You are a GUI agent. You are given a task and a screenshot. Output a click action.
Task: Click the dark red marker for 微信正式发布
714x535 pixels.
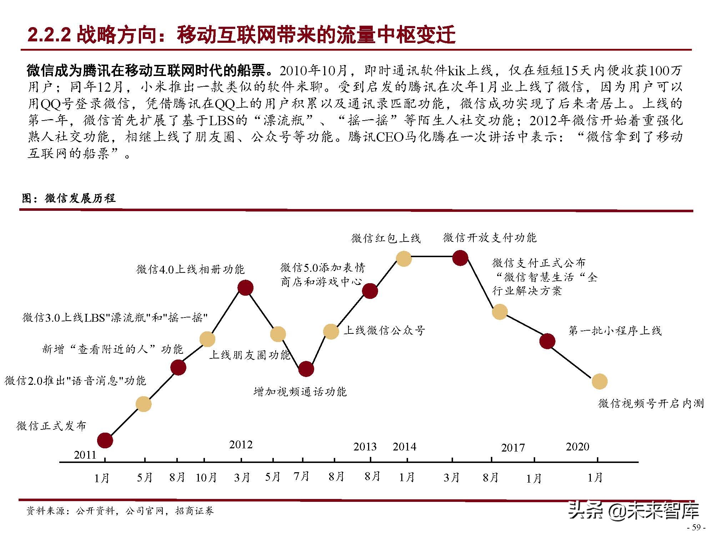click(105, 440)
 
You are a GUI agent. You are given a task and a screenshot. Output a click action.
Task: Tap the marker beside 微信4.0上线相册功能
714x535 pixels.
click(245, 288)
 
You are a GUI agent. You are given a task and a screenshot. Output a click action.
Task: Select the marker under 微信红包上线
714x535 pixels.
click(404, 259)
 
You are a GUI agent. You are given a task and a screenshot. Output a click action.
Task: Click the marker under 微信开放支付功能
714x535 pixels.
click(460, 258)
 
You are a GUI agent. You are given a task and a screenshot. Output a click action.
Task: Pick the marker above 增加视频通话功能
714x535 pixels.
click(306, 369)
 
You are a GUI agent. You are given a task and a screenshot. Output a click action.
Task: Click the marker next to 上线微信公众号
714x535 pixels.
click(331, 332)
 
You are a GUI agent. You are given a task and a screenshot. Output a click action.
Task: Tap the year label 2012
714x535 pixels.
click(241, 445)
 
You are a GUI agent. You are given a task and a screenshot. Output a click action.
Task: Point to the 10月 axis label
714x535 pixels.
click(206, 477)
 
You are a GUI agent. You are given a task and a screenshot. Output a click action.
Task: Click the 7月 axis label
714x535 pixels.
click(301, 476)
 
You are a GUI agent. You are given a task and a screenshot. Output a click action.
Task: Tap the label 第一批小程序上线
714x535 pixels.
click(615, 331)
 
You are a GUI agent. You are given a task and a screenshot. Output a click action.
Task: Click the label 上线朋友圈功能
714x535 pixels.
click(250, 355)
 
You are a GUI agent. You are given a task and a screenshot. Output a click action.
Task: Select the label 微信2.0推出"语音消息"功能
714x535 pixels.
click(75, 381)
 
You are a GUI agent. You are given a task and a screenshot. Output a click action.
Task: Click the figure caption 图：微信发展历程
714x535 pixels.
click(69, 198)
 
